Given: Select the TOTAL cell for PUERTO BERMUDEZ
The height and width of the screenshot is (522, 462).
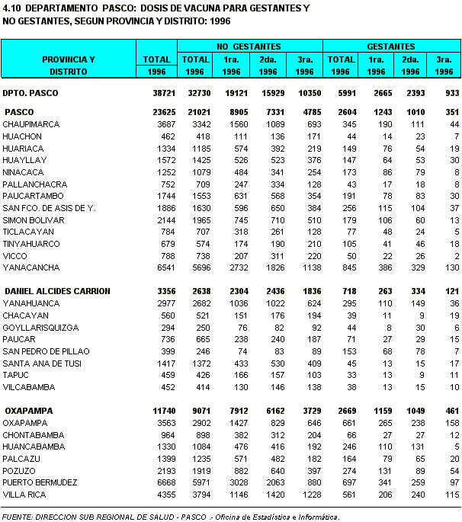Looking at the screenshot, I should click(157, 482).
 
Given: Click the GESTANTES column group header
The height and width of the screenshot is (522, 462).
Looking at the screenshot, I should click(391, 46).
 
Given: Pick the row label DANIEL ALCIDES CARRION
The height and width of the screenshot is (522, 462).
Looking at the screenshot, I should click(57, 291).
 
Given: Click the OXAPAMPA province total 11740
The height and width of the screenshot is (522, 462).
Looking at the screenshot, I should click(156, 411).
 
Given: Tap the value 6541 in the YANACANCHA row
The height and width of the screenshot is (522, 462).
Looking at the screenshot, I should click(158, 267).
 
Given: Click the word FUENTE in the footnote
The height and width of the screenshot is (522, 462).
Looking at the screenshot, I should click(17, 516).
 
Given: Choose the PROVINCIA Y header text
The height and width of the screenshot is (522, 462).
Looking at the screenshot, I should click(69, 59).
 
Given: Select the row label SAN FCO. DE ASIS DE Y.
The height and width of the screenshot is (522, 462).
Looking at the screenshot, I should click(49, 208).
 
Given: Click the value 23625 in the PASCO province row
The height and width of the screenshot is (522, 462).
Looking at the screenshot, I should click(156, 112).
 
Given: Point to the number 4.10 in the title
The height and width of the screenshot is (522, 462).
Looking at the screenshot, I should click(11, 8).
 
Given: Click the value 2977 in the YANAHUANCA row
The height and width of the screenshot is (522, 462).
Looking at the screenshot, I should click(158, 303).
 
